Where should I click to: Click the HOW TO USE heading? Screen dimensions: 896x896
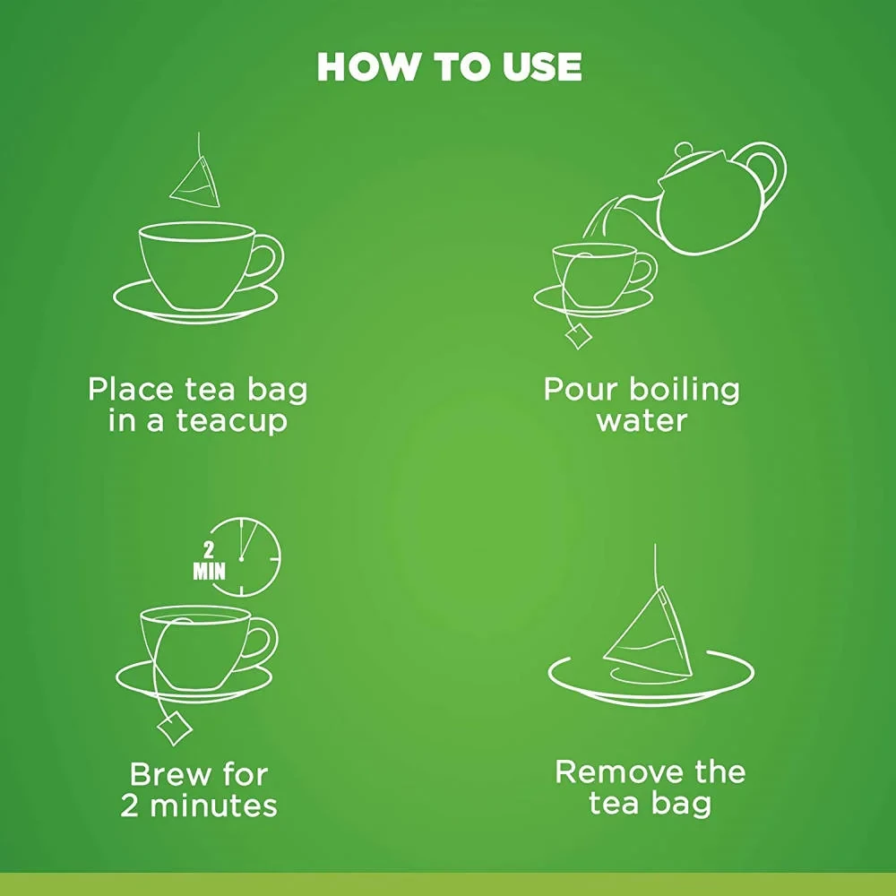449,67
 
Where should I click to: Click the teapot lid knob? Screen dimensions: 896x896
685,150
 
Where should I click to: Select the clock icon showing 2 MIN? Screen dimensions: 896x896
246,556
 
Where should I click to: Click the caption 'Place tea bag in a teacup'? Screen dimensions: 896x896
197,404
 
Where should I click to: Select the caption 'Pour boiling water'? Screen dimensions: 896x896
642,404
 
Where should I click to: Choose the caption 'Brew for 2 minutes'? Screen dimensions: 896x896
198,788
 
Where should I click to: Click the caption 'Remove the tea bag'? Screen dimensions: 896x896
650,787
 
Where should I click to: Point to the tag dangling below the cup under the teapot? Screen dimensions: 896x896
578,336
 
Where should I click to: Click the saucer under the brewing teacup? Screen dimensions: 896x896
194,681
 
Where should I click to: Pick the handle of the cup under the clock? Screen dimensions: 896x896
260,641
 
